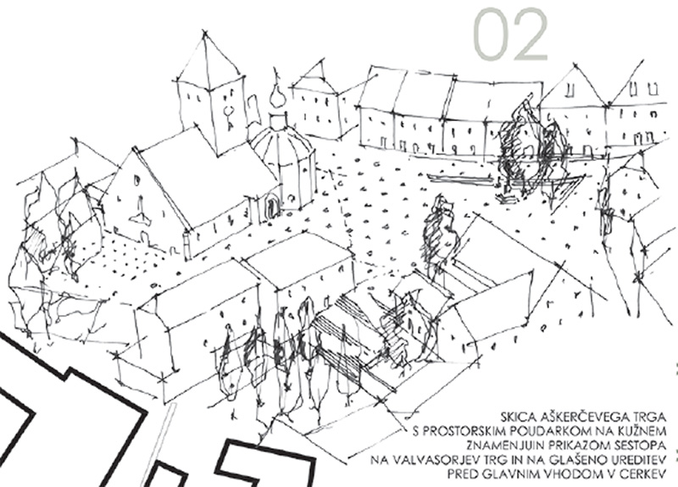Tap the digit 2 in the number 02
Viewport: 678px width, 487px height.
(x=531, y=34)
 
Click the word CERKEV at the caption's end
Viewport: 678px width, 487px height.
(x=642, y=474)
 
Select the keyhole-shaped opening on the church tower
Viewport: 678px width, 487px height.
(x=228, y=116)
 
